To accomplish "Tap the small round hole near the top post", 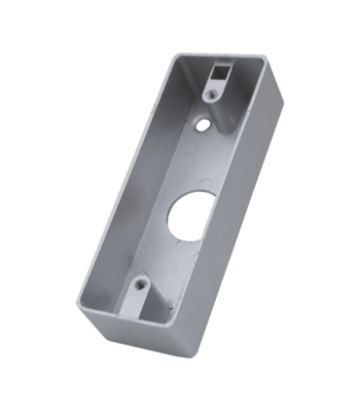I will point(203,125).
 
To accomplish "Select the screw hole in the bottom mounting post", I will point(142,283).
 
